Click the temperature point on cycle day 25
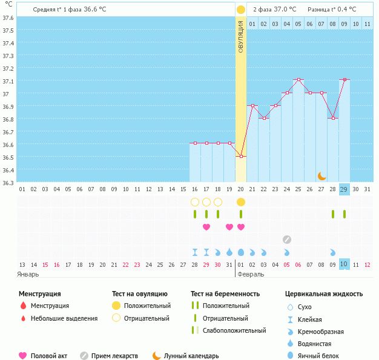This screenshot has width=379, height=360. (298, 79)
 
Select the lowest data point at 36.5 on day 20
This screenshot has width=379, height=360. (241, 156)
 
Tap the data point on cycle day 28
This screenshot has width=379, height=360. (334, 118)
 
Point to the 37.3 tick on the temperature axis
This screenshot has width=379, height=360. (8, 56)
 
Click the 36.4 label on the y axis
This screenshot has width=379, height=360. (8, 170)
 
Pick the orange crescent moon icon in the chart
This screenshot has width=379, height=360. (321, 176)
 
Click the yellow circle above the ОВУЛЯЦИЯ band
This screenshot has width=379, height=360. (241, 10)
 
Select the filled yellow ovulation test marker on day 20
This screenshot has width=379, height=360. (241, 202)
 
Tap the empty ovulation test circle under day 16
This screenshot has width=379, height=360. (195, 202)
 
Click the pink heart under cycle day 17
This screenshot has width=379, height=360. (206, 227)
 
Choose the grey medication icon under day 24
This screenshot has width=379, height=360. (287, 240)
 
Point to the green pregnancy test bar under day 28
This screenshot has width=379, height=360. (333, 214)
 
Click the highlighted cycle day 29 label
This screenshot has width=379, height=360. (344, 189)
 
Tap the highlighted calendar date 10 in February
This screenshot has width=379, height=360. (344, 264)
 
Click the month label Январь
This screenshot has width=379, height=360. (28, 275)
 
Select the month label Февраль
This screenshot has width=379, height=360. (251, 275)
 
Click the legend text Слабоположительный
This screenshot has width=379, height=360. (234, 330)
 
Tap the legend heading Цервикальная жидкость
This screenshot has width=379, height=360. (324, 294)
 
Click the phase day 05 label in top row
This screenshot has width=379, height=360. (298, 24)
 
